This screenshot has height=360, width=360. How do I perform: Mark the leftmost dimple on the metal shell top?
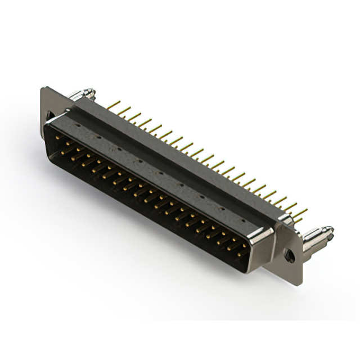(97, 137)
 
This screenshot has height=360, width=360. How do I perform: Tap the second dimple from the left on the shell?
(119, 148)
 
